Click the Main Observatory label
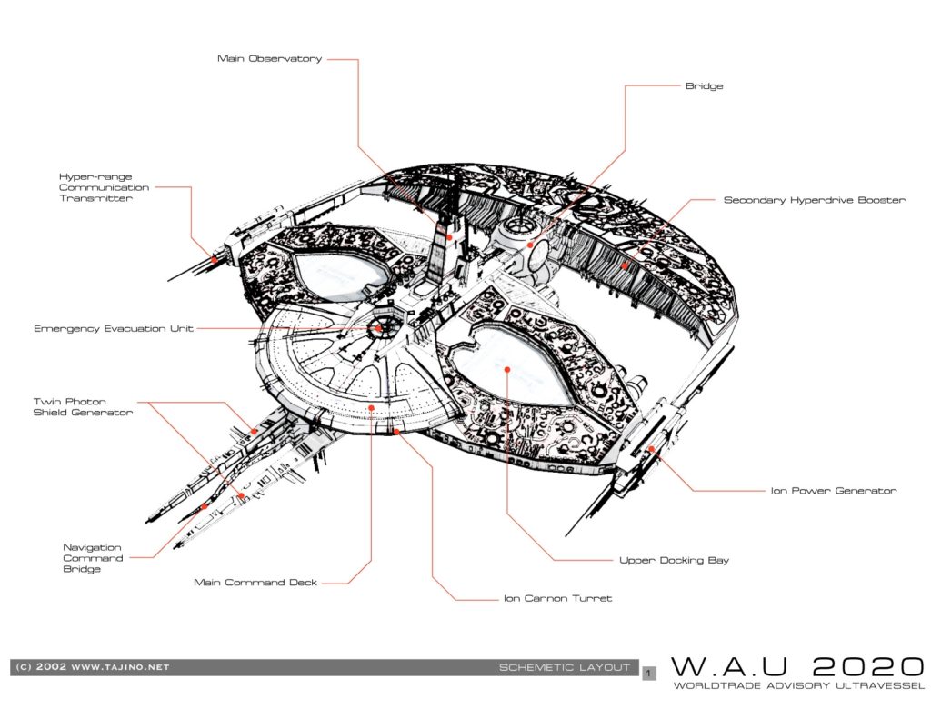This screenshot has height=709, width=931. coord(269,59)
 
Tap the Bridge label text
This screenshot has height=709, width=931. coord(705,86)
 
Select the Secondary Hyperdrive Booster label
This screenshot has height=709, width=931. coord(814,200)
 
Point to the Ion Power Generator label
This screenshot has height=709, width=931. coord(834,491)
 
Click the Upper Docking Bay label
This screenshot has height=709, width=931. coord(674,560)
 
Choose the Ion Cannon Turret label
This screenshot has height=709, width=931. coord(557,598)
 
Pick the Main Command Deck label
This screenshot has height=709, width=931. coord(255,583)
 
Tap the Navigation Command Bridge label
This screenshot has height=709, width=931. coord(94,558)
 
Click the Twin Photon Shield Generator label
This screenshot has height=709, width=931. coord(83,406)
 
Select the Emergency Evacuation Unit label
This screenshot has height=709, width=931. coord(114,328)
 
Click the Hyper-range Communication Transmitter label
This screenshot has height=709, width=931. coord(104,187)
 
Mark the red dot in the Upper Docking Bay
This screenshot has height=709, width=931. coord(507,369)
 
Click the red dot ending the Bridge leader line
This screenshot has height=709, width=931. coord(530,245)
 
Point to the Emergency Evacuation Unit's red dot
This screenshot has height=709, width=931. coord(377,328)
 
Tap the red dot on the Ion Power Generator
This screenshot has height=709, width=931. coord(651,449)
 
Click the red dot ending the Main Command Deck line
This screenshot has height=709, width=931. coord(371,408)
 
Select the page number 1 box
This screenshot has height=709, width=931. coord(649,674)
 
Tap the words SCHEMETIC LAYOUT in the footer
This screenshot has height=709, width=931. coord(564,667)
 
